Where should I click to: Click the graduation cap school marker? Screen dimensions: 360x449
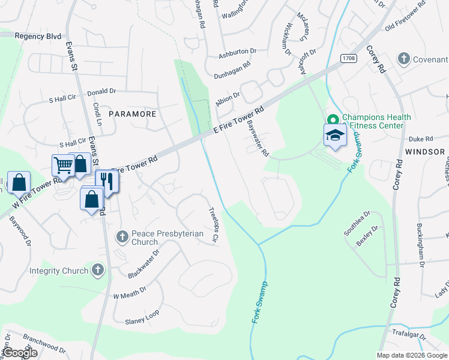tap(335, 136)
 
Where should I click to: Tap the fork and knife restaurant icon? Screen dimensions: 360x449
tap(107, 181)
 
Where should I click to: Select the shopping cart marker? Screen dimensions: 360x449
tap(63, 165)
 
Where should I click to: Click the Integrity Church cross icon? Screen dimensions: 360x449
tap(97, 271)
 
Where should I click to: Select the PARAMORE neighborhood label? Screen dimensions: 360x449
tap(132, 113)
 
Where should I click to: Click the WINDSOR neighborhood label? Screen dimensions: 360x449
tap(425, 152)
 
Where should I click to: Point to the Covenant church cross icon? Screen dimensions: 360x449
tap(404, 59)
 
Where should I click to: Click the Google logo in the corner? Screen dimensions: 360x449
tap(20, 353)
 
